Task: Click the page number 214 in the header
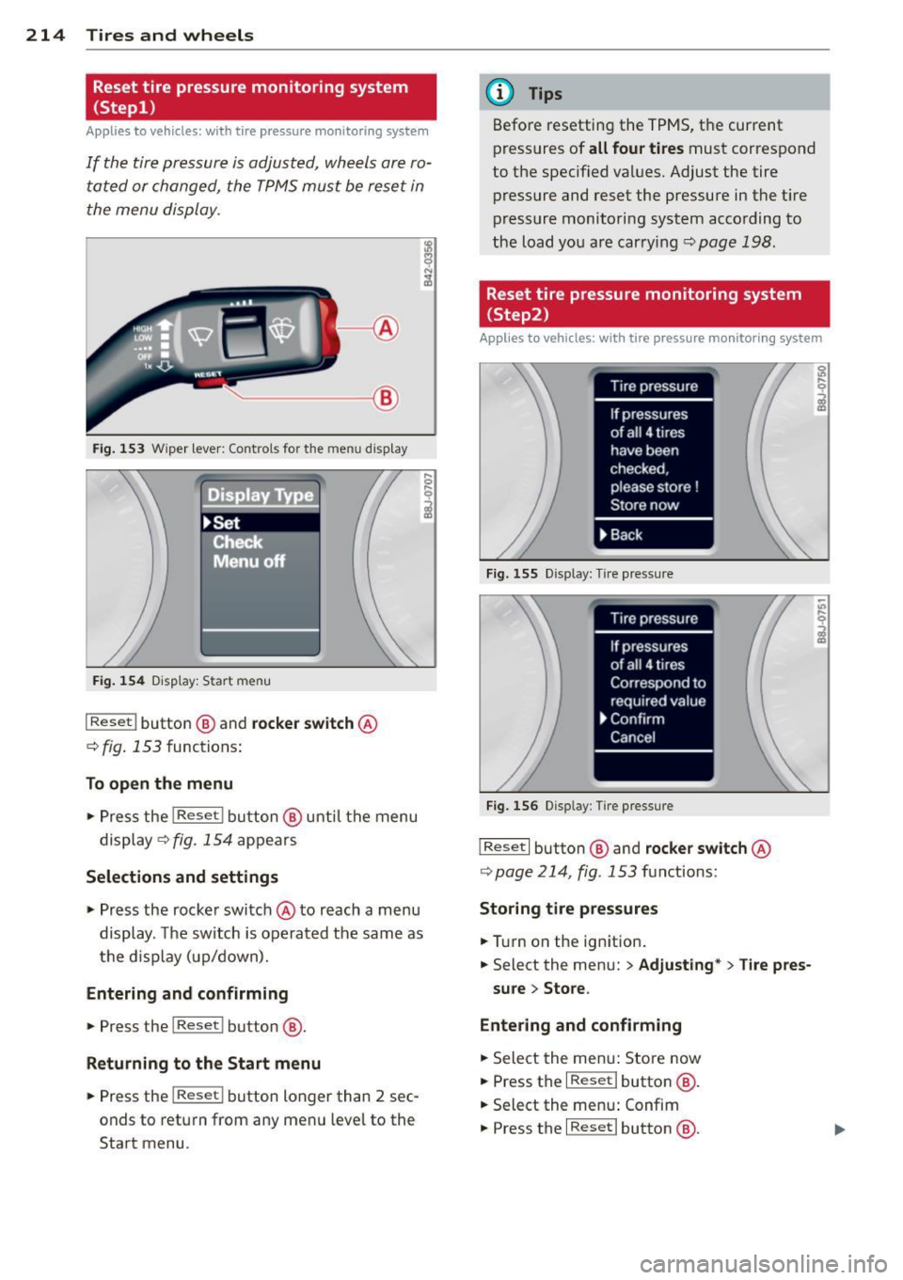click(x=45, y=36)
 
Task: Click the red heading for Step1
click(x=260, y=97)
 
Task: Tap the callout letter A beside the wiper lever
click(x=386, y=328)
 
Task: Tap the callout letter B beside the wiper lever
click(x=386, y=399)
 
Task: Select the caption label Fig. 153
click(x=119, y=449)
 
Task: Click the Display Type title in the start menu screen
click(x=261, y=495)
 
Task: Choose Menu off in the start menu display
click(x=248, y=561)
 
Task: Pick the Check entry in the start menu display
click(x=237, y=542)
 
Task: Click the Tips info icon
click(x=499, y=93)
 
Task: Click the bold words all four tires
click(x=636, y=149)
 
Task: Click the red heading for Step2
click(x=654, y=304)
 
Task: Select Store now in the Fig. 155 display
click(x=644, y=505)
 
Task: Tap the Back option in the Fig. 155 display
click(x=626, y=535)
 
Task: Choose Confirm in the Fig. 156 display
click(x=637, y=719)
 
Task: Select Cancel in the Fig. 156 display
click(x=632, y=737)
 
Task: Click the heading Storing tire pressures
click(x=568, y=909)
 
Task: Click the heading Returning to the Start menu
click(x=203, y=1064)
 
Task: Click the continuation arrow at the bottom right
click(x=839, y=1129)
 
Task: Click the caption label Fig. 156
click(x=512, y=806)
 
